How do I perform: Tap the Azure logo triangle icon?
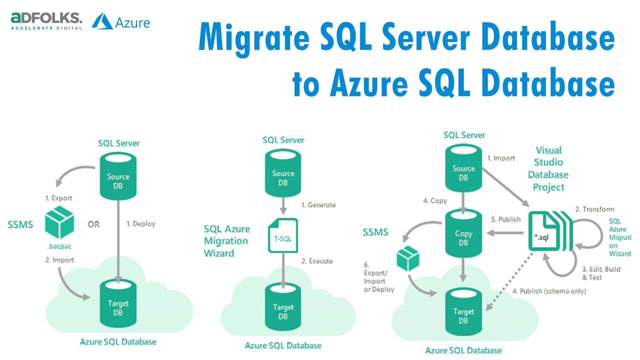[102, 21]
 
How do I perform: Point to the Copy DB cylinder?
[463, 233]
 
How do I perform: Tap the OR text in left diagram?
[93, 224]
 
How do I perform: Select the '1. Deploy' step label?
[140, 224]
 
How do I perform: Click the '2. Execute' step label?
[316, 261]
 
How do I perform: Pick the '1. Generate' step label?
[318, 205]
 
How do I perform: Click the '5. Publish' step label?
[505, 219]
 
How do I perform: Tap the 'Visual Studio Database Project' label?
[548, 168]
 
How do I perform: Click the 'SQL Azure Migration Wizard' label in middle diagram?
[226, 241]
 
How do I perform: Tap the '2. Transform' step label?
[594, 209]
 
